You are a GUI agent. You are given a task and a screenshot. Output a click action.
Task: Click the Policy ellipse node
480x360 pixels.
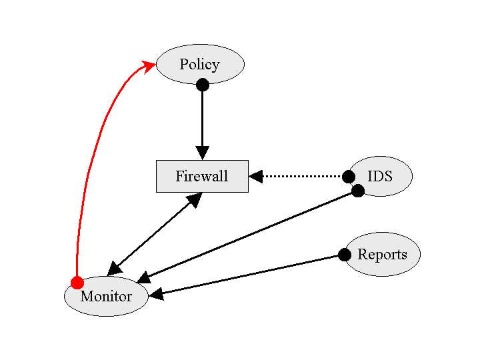[x=200, y=64]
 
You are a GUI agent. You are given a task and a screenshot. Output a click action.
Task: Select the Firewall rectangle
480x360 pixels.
[x=202, y=176]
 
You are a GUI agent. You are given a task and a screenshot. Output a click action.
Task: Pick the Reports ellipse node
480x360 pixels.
[x=383, y=254]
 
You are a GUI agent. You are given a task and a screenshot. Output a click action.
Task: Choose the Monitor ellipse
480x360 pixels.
[x=106, y=296]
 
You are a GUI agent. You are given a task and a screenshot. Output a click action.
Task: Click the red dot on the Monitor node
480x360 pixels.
[x=77, y=282]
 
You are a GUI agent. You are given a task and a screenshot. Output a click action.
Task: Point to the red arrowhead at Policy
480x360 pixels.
[x=148, y=65]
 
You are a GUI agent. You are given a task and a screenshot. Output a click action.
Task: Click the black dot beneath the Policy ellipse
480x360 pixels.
[x=203, y=85]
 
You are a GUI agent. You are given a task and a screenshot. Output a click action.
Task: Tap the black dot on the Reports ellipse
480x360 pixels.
[x=344, y=255]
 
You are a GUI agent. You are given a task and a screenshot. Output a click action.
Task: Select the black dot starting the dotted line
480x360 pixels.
[x=348, y=177]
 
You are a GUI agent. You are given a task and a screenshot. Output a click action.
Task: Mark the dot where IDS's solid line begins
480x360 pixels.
[x=358, y=191]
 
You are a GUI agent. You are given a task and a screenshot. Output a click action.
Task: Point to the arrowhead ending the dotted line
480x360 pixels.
[x=256, y=177]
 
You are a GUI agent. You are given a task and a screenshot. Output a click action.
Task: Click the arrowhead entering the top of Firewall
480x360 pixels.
[x=202, y=153]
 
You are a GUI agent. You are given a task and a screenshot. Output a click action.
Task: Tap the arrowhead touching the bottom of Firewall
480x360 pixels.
[x=194, y=199]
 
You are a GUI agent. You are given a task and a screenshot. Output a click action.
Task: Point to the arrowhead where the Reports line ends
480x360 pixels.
[x=157, y=294]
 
